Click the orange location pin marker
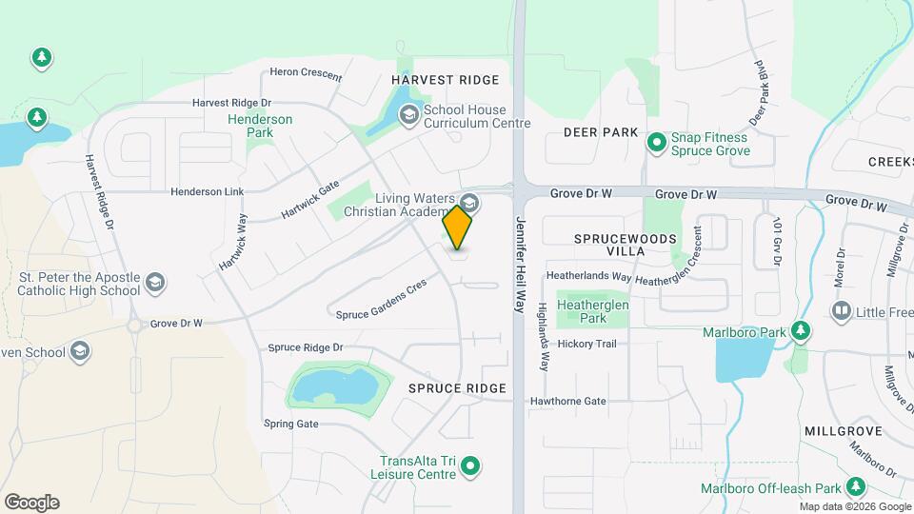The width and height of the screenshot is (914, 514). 457,227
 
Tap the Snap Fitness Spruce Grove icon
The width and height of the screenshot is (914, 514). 656,143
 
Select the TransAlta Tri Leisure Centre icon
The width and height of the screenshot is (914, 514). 469,466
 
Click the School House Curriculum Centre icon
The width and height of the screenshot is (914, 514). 408,115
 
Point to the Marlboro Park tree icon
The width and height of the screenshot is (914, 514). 802,331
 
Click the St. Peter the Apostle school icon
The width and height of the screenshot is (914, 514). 154,283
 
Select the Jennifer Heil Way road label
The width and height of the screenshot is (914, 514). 520,265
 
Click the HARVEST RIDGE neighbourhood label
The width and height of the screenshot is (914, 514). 433,79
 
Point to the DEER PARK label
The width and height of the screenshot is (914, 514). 600,131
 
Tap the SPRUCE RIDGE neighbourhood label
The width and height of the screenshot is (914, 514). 457,388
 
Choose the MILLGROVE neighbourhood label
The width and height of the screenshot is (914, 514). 842,431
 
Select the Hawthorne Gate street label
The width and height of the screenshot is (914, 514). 568,401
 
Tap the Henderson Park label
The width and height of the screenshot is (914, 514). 260,126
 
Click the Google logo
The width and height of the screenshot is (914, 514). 31,503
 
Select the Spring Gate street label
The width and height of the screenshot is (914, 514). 291,424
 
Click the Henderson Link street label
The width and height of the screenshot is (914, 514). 208,191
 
